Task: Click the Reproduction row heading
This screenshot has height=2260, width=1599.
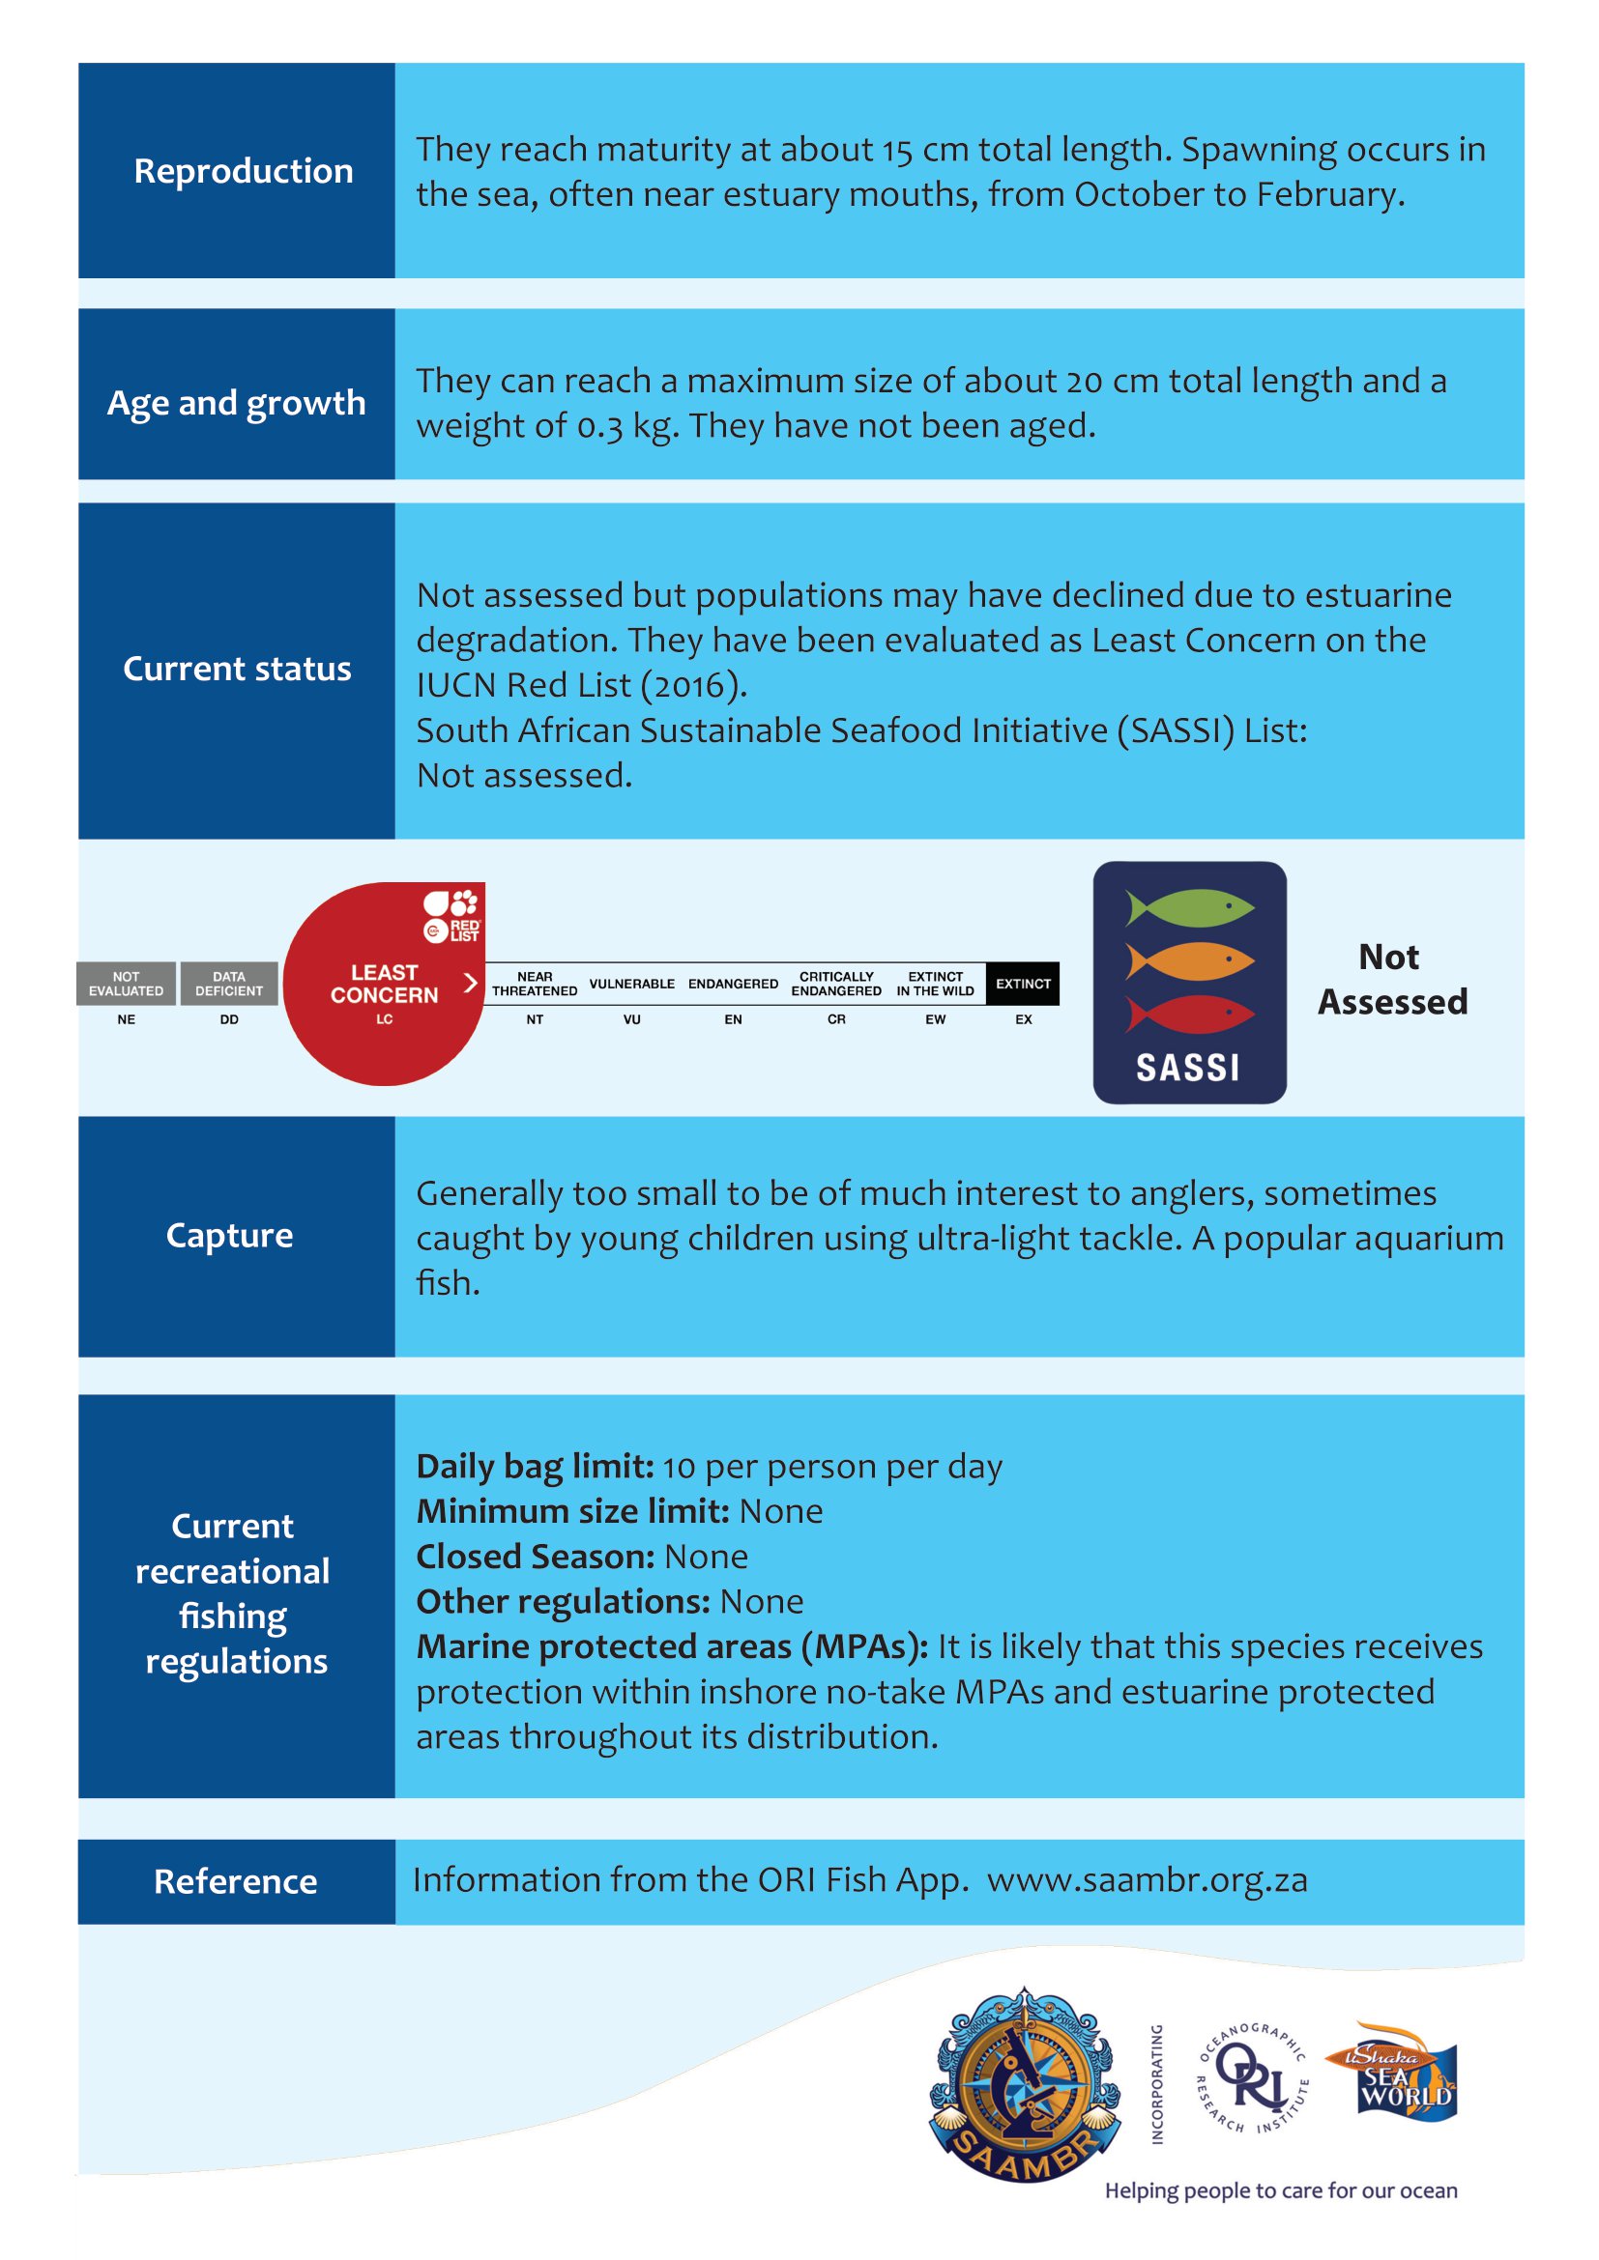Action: click(244, 171)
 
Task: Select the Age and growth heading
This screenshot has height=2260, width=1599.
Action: click(236, 403)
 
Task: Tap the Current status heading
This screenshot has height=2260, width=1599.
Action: click(236, 670)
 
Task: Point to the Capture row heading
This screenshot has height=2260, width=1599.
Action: click(229, 1236)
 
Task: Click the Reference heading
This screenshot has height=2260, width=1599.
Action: click(235, 1881)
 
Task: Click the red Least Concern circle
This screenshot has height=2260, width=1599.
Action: click(384, 985)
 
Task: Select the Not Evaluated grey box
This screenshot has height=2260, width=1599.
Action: click(126, 984)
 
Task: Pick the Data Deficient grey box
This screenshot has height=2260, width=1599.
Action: click(228, 984)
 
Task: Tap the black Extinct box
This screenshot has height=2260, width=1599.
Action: click(1023, 984)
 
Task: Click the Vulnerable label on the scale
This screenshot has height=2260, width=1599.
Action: click(631, 984)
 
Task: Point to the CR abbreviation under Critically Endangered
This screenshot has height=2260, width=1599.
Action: click(836, 1018)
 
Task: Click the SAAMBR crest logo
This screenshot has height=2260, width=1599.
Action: click(1025, 2084)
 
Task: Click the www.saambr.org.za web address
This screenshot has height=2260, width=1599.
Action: click(1148, 1880)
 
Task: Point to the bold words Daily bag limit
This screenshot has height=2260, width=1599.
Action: click(535, 1467)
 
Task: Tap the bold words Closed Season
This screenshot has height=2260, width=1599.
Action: click(535, 1557)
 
